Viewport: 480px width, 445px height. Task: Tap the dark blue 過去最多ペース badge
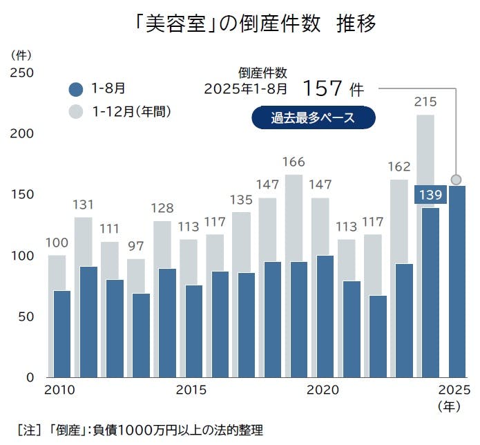pyautogui.click(x=313, y=117)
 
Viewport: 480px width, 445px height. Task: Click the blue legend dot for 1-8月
pyautogui.click(x=77, y=88)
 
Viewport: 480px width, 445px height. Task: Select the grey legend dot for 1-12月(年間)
pyautogui.click(x=77, y=111)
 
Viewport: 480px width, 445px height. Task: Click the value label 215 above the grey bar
pyautogui.click(x=425, y=102)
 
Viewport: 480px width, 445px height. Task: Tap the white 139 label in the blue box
pyautogui.click(x=430, y=195)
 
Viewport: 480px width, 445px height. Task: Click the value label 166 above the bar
pyautogui.click(x=294, y=162)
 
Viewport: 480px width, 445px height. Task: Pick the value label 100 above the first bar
pyautogui.click(x=57, y=243)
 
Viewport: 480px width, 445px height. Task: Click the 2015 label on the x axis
pyautogui.click(x=191, y=390)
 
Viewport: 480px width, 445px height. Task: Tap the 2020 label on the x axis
pyautogui.click(x=322, y=390)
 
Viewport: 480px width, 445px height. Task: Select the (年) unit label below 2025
pyautogui.click(x=450, y=406)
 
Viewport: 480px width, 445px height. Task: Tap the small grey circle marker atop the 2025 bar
pyautogui.click(x=456, y=180)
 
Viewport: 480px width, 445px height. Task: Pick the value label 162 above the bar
pyautogui.click(x=399, y=167)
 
